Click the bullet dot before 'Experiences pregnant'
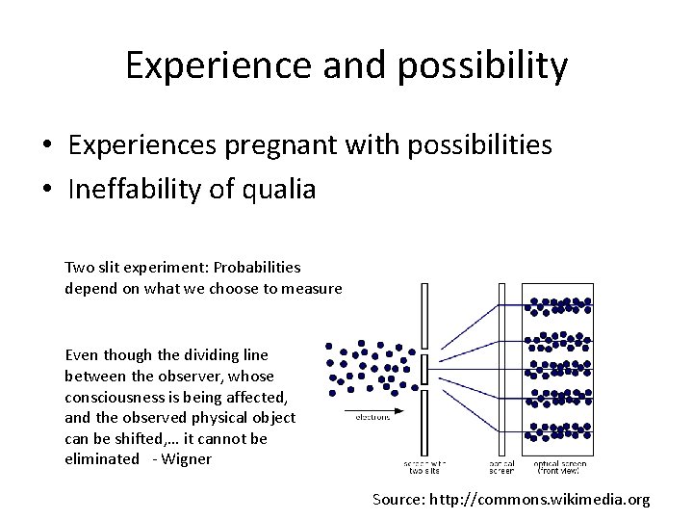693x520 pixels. coord(45,146)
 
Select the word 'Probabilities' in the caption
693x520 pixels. coord(257,267)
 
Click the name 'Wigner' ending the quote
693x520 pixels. coord(187,459)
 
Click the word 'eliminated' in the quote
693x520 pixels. coord(102,459)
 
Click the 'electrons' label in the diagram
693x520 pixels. coord(372,418)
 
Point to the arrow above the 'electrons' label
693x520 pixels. coord(373,408)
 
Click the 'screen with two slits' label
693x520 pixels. coord(424,467)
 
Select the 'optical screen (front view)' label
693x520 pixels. coord(559,467)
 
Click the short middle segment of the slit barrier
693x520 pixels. coord(424,369)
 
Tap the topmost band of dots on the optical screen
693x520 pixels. coord(558,306)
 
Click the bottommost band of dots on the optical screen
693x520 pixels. coord(558,432)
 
